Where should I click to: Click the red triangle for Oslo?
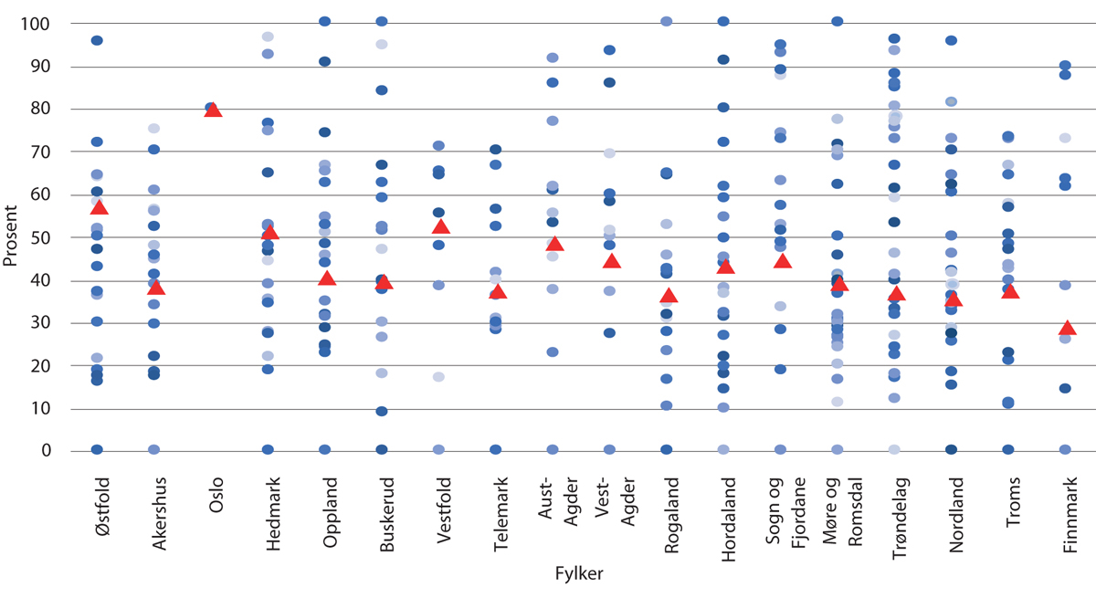pos(213,110)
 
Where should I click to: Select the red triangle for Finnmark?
pos(1066,329)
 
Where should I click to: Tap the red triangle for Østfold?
pos(99,208)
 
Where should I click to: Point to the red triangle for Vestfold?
pos(440,226)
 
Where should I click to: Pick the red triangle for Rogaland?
pos(669,296)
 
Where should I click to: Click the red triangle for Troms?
pos(1009,291)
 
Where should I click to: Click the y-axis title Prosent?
pos(11,236)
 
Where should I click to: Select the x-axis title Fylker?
pos(578,573)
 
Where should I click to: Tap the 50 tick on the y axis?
pos(42,237)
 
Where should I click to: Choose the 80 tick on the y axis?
pos(42,109)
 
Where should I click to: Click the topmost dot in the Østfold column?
pos(97,40)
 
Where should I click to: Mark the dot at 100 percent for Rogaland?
pos(667,21)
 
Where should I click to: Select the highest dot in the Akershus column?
pos(154,129)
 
